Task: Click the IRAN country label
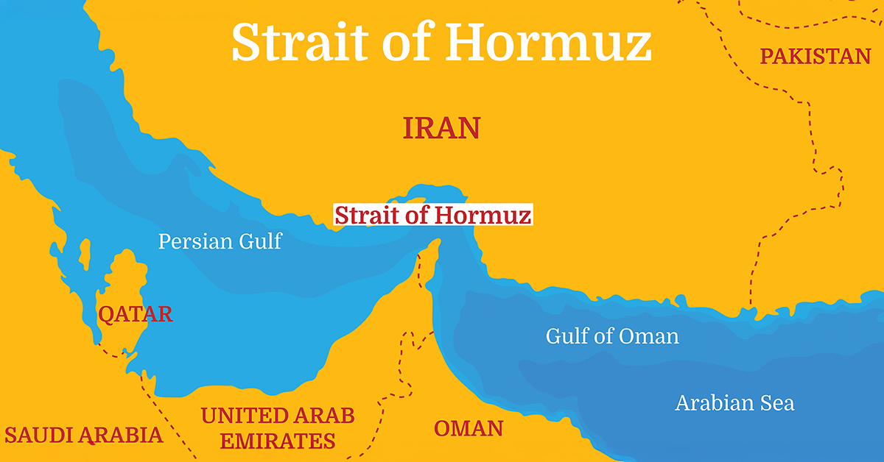tap(441, 128)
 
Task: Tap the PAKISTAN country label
tap(815, 56)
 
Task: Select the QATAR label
tap(136, 314)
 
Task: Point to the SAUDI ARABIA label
tap(83, 434)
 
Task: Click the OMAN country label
tap(469, 428)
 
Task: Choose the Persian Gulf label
tap(220, 241)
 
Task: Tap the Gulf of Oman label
tap(612, 336)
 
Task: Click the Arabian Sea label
tap(734, 403)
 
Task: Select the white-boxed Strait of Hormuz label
tap(432, 216)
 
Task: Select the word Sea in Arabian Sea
tap(778, 403)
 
